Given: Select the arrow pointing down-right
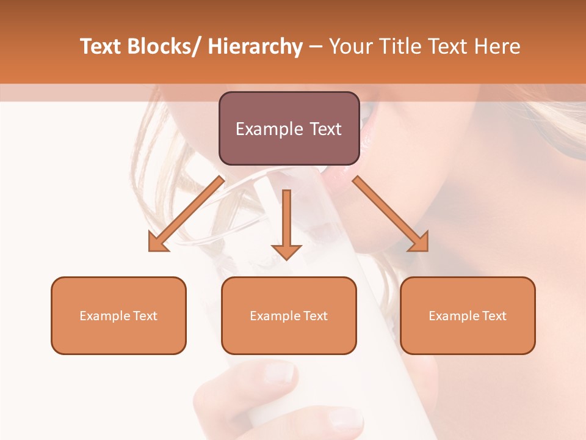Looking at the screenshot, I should (391, 214).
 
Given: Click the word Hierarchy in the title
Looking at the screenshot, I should (255, 46).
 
